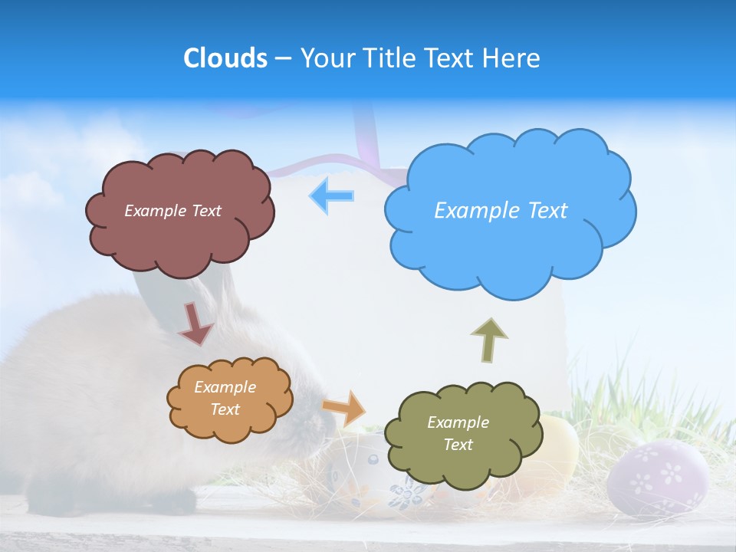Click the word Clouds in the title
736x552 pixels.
coord(225,58)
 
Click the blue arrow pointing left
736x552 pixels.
coord(332,196)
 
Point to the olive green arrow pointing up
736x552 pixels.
coord(489,340)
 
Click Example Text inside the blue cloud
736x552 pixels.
coord(501,210)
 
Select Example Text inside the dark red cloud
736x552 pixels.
coord(172,210)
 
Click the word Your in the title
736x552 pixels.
coord(328,58)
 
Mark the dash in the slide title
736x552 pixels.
coord(283,58)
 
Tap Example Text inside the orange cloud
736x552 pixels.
coord(225,398)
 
